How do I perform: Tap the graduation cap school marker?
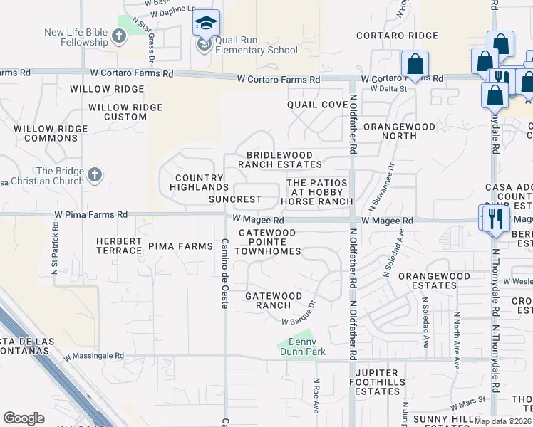[x=206, y=24]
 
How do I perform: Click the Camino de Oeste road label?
[x=224, y=273]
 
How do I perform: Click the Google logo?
[x=24, y=418]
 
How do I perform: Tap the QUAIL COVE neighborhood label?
[x=317, y=105]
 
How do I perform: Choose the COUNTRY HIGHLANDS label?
[x=199, y=182]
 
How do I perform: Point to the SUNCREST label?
[x=234, y=200]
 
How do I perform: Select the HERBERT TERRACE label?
[x=120, y=246]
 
